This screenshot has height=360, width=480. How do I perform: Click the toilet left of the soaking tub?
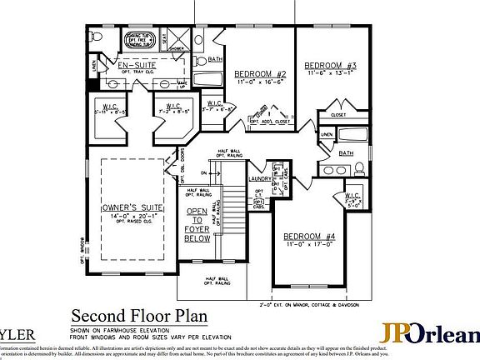click(x=97, y=37)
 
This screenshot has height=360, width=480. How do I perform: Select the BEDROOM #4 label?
click(x=307, y=236)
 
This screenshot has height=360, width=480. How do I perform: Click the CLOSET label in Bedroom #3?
click(x=338, y=114)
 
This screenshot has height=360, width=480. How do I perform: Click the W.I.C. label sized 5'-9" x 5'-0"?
click(x=352, y=201)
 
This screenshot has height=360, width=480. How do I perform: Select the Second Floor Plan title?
click(x=139, y=316)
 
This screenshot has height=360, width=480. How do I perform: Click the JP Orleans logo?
click(x=430, y=332)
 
